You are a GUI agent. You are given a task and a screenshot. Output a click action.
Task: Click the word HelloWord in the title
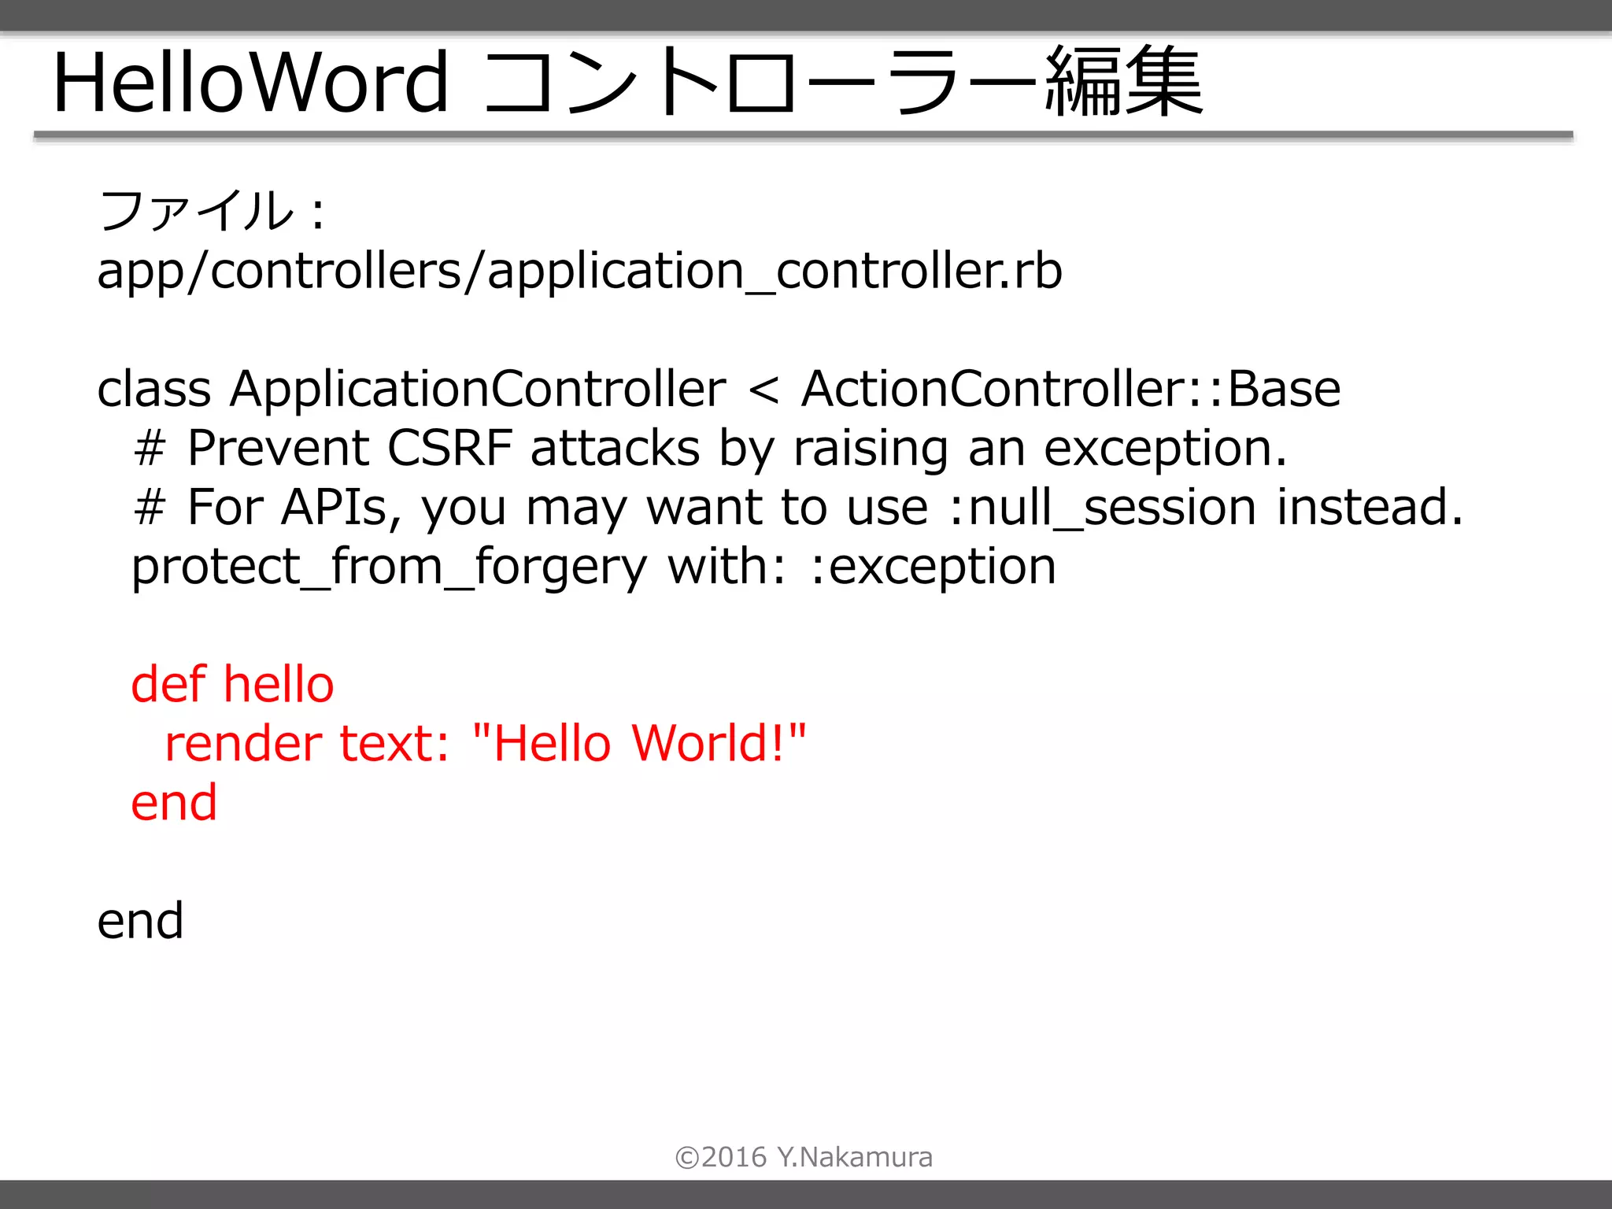coord(250,83)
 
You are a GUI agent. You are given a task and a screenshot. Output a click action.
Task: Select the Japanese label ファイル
coord(197,211)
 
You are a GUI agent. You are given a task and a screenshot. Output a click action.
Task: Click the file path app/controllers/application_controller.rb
coord(579,272)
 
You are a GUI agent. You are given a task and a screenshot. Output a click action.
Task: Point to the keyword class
coord(154,389)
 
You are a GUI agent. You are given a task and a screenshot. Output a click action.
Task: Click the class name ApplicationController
coord(478,389)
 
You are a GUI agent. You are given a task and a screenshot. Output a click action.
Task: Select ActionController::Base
coord(1070,389)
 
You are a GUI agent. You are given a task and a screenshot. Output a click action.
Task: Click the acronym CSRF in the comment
coord(449,449)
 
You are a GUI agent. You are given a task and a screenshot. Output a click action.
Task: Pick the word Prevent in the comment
coord(278,449)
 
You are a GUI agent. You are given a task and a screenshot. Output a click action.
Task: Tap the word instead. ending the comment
coord(1370,508)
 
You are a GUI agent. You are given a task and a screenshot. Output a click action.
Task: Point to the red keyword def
coord(168,684)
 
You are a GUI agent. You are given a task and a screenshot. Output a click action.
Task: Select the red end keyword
coord(174,803)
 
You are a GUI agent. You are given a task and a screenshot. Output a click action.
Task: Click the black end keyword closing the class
coord(140,921)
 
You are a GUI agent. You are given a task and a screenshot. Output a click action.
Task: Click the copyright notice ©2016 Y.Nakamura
coord(804,1157)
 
